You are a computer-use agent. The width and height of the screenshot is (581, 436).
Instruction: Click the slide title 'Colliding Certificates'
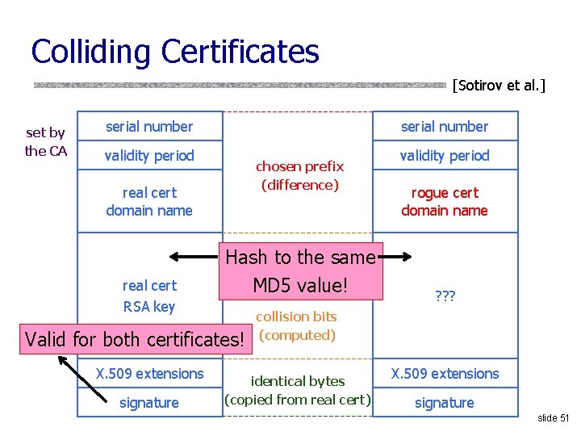[x=175, y=52]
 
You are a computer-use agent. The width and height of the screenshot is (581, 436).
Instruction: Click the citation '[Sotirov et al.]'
[x=499, y=84]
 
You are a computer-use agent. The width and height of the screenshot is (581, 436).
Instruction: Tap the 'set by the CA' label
[x=46, y=141]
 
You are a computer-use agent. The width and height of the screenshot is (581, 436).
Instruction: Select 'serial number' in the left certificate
[x=149, y=127]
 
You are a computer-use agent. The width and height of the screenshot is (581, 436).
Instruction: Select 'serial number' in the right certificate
[x=445, y=127]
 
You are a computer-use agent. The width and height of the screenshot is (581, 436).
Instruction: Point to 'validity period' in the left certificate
[x=149, y=155]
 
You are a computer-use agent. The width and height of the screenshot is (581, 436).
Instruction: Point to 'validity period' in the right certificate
[x=445, y=155]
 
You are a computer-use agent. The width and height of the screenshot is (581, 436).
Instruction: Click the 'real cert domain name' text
[x=149, y=202]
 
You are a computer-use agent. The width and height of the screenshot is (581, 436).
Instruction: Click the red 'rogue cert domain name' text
[x=445, y=202]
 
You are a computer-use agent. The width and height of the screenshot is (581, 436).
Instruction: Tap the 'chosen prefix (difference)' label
[x=299, y=176]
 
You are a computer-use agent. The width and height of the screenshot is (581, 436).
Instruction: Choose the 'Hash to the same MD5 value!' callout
[x=300, y=271]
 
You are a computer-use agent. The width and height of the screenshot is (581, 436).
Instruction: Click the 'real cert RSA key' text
[x=149, y=296]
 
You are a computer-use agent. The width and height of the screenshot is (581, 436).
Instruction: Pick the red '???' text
[x=445, y=296]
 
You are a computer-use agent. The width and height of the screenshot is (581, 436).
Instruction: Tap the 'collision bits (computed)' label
[x=297, y=325]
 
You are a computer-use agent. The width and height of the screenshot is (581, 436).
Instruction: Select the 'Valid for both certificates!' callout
[x=135, y=339]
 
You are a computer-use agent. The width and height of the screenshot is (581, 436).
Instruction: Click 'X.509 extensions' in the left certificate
[x=149, y=374]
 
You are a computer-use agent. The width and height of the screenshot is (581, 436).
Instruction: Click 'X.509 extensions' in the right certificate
[x=445, y=374]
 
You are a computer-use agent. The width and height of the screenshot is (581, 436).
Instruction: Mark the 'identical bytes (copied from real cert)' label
[x=298, y=390]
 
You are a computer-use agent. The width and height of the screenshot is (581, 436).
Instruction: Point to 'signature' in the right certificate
[x=445, y=403]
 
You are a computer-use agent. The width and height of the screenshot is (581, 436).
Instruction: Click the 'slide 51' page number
[x=553, y=417]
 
